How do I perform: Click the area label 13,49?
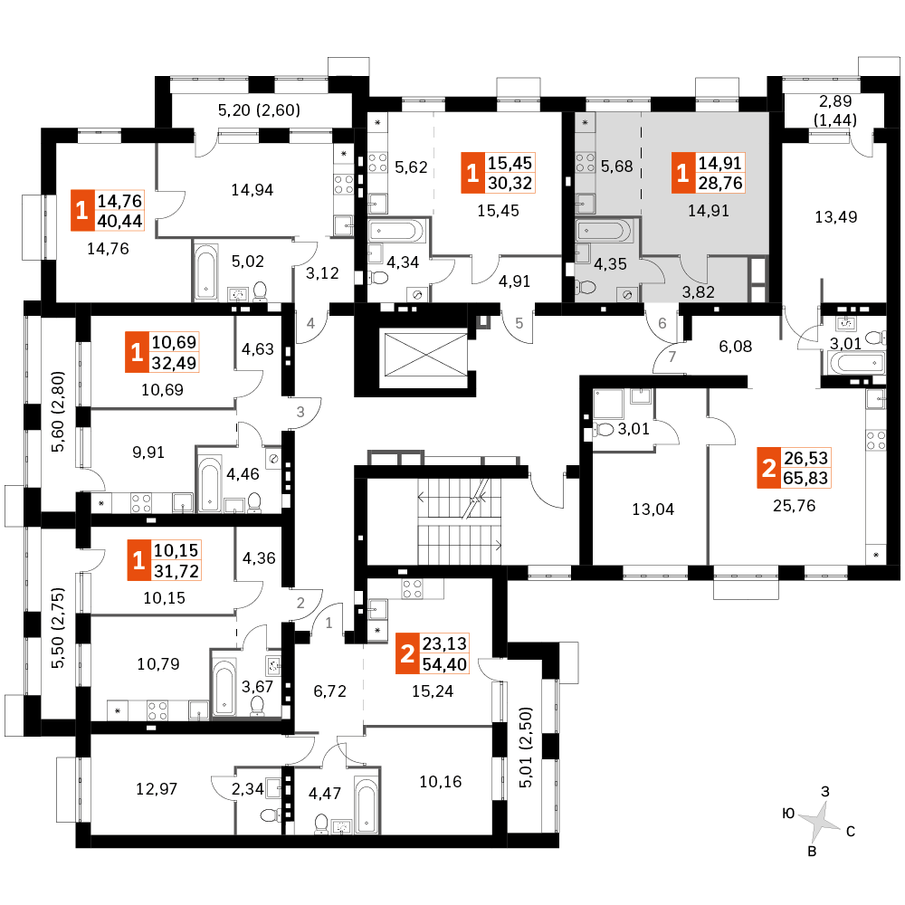coord(835,217)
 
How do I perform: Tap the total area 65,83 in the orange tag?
coord(805,478)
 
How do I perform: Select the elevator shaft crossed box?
coord(425,353)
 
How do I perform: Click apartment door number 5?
coord(519,323)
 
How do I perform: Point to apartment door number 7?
coord(672,357)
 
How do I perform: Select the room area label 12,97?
coord(157,788)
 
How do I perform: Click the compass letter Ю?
coord(788,814)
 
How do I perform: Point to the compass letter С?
coord(850,831)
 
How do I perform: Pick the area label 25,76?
coord(795,506)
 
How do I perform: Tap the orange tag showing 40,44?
coord(108,211)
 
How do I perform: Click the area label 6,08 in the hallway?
coord(735,347)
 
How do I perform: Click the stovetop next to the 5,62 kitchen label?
coord(377,162)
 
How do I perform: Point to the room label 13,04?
coord(653,509)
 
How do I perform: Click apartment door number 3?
coord(300,412)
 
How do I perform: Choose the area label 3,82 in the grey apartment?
coord(699,292)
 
